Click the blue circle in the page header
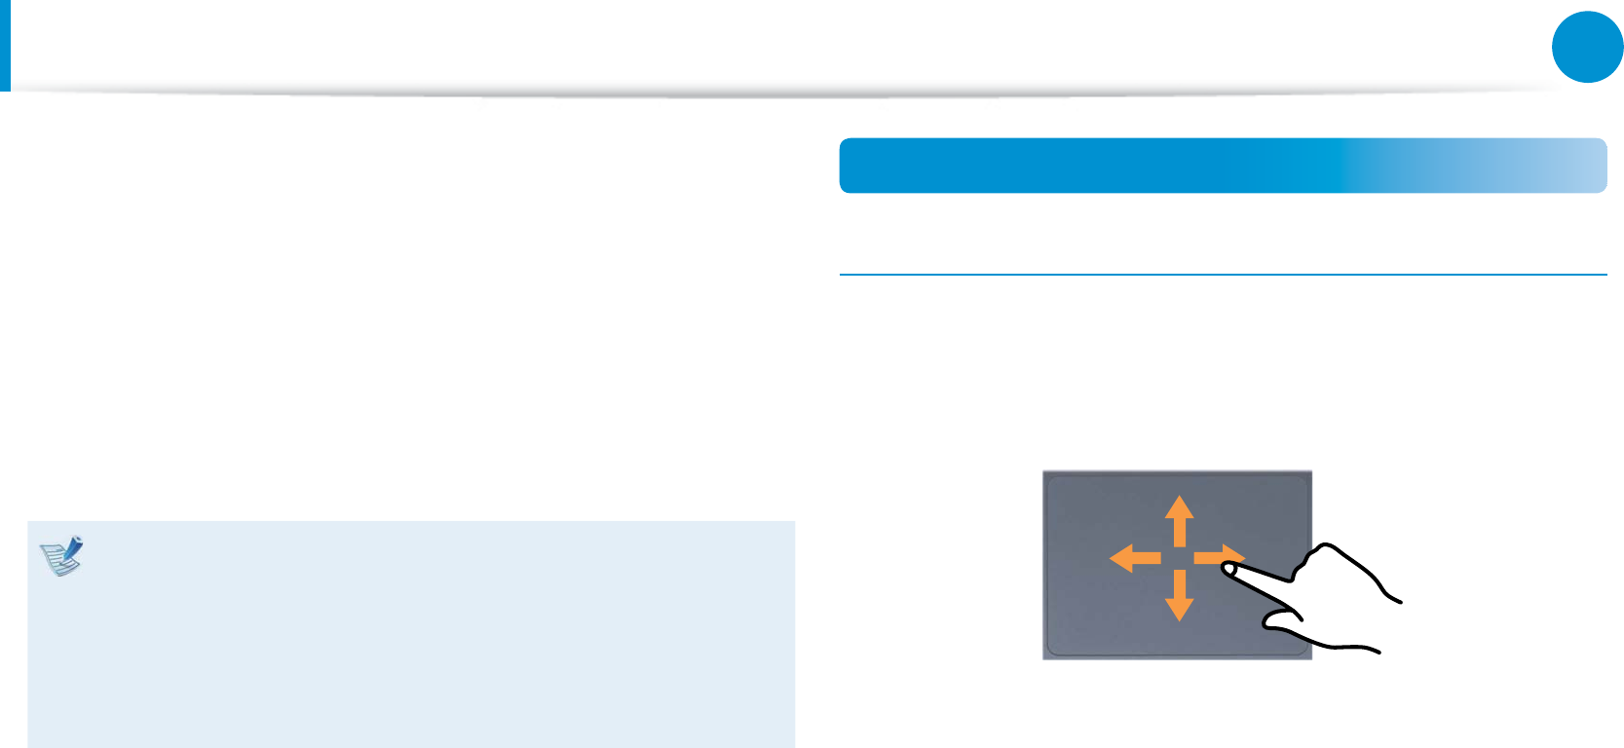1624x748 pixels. [1587, 47]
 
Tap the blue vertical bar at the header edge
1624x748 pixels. [5, 45]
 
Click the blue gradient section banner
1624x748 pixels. [1169, 166]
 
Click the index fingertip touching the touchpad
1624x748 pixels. [1229, 567]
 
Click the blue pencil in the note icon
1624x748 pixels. [70, 545]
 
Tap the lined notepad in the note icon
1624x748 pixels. [57, 560]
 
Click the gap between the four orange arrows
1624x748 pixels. [1180, 558]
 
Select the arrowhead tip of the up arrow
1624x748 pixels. [1180, 498]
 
